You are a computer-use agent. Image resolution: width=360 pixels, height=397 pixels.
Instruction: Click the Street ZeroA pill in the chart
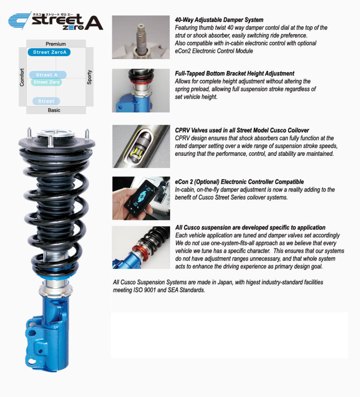(49, 52)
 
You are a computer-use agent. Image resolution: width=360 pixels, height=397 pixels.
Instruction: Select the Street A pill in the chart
(47, 75)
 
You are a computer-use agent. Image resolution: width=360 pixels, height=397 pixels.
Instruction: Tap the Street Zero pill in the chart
(47, 82)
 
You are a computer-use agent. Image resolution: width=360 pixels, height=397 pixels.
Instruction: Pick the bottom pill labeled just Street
(46, 101)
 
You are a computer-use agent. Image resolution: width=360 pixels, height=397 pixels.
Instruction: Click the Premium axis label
(56, 44)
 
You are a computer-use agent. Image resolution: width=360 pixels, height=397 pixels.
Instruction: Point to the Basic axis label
(54, 110)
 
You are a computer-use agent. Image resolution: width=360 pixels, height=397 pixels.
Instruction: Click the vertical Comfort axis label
(22, 77)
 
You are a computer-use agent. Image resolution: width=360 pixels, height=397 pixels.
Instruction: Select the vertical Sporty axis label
(89, 77)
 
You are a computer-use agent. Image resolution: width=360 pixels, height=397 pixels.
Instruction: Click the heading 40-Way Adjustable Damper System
(219, 20)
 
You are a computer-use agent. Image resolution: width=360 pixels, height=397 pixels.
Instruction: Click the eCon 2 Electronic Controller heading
(239, 182)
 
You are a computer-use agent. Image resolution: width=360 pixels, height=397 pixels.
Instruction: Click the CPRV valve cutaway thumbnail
(141, 146)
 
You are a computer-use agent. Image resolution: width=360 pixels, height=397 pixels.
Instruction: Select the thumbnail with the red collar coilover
(141, 247)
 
